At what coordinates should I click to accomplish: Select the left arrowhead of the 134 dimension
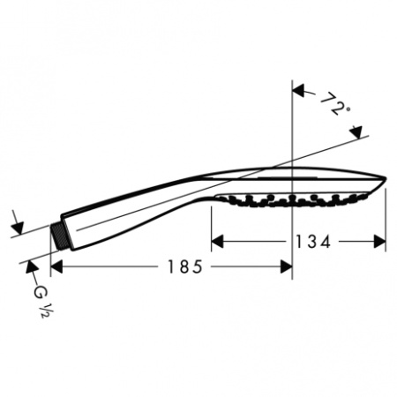(x=216, y=240)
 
